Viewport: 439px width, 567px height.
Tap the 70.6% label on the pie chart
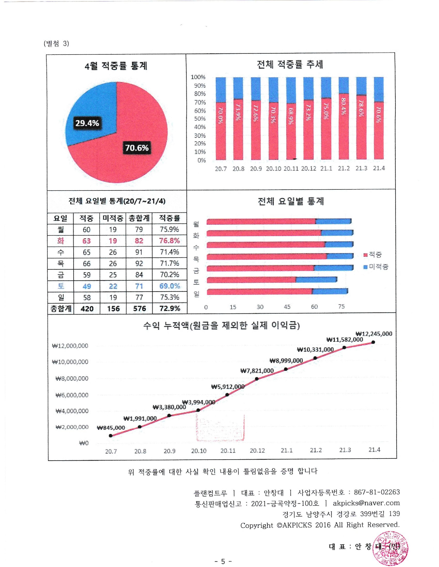pos(137,148)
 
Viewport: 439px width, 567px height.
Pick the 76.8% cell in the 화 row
pos(169,241)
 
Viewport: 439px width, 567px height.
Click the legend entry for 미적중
pos(376,267)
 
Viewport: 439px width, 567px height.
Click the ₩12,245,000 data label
pos(374,334)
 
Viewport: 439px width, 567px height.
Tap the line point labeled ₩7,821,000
pos(257,379)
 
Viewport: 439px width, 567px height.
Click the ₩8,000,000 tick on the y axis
pos(72,379)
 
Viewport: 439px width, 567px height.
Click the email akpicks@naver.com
pos(366,503)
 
